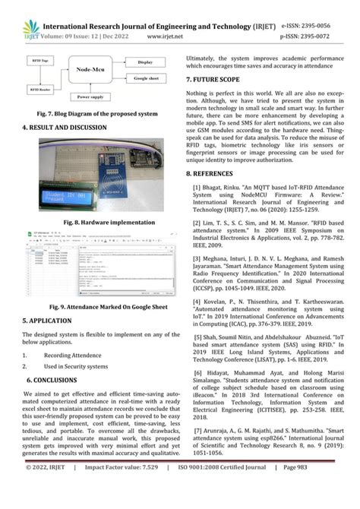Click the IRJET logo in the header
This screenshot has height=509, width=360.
(x=15, y=15)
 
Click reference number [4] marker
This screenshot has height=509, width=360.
(x=199, y=302)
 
